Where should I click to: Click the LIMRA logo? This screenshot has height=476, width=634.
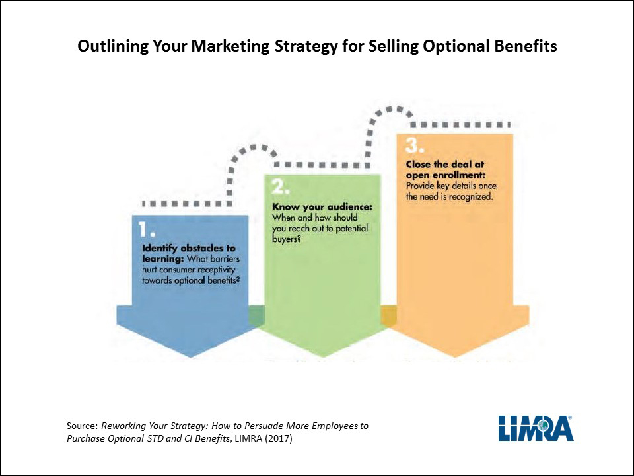click(536, 428)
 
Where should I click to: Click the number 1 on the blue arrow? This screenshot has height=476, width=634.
click(147, 229)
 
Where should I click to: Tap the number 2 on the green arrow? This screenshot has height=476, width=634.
click(280, 187)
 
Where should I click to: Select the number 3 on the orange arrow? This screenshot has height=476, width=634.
click(415, 145)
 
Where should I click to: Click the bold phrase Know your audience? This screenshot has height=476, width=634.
click(322, 207)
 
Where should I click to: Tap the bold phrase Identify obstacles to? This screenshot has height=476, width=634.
click(188, 248)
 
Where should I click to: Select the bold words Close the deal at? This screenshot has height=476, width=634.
click(444, 165)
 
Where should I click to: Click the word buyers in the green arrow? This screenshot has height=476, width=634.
click(285, 239)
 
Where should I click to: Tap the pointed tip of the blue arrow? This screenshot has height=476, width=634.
click(191, 358)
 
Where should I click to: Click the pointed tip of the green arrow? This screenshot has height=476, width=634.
click(324, 357)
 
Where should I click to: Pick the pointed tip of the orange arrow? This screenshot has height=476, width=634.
click(455, 357)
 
